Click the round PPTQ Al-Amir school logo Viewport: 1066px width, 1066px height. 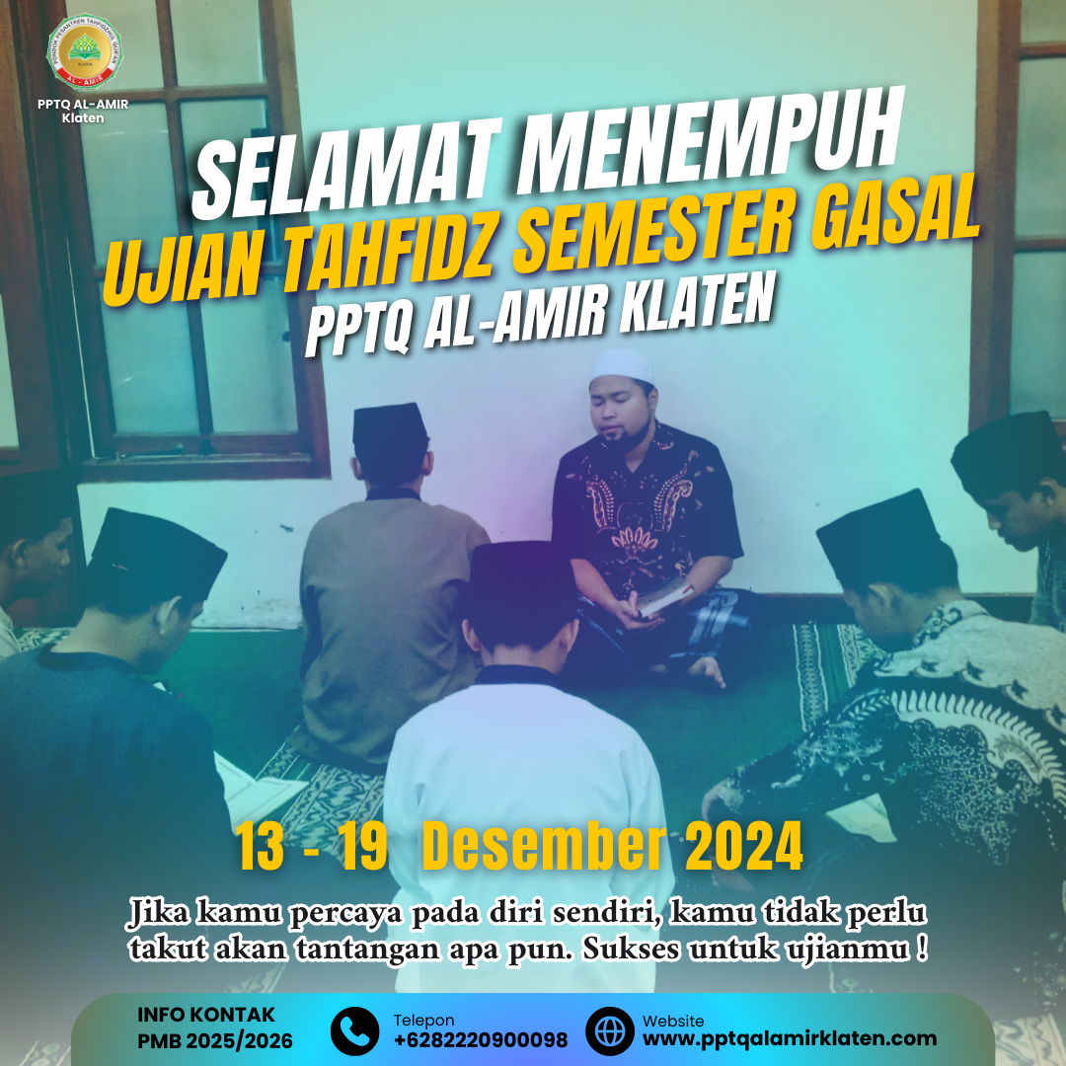[x=84, y=52]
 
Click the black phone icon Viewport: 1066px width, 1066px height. [x=354, y=1030]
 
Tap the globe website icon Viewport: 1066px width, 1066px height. [x=610, y=1030]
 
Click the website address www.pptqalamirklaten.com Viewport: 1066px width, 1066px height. [x=790, y=1039]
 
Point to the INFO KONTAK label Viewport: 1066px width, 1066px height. [x=206, y=1015]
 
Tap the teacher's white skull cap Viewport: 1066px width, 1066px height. [x=622, y=367]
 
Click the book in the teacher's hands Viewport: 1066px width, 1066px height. [x=662, y=598]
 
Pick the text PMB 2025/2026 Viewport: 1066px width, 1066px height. [x=215, y=1041]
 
